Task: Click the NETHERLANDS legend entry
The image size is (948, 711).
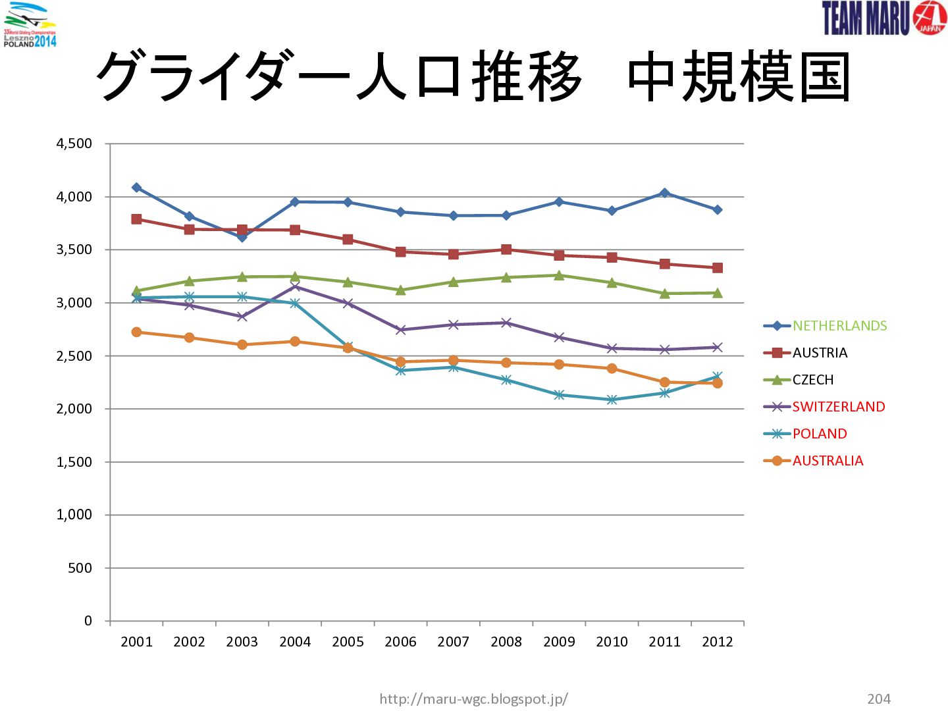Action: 839,325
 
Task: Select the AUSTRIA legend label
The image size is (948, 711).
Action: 820,353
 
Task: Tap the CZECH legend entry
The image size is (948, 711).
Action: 813,379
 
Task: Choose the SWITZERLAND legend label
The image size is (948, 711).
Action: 838,407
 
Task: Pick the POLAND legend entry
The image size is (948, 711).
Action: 820,433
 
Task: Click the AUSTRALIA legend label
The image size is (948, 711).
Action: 828,461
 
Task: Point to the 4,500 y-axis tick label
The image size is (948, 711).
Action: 74,144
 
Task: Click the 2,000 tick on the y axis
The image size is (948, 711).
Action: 74,408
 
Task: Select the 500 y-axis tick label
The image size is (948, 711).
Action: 80,567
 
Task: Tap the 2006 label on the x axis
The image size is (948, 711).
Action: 400,642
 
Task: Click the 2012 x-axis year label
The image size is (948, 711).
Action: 718,642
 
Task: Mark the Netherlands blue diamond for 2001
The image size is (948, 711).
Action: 136,188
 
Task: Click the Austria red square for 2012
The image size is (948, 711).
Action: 718,268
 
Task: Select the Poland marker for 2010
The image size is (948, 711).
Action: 612,400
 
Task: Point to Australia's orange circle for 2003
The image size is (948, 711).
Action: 242,344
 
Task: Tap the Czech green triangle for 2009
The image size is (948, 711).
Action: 559,275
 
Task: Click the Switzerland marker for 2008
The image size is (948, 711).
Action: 506,323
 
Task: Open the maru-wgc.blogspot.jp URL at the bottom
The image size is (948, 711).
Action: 474,698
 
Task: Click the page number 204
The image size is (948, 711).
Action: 879,698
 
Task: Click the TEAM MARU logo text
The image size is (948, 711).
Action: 866,18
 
